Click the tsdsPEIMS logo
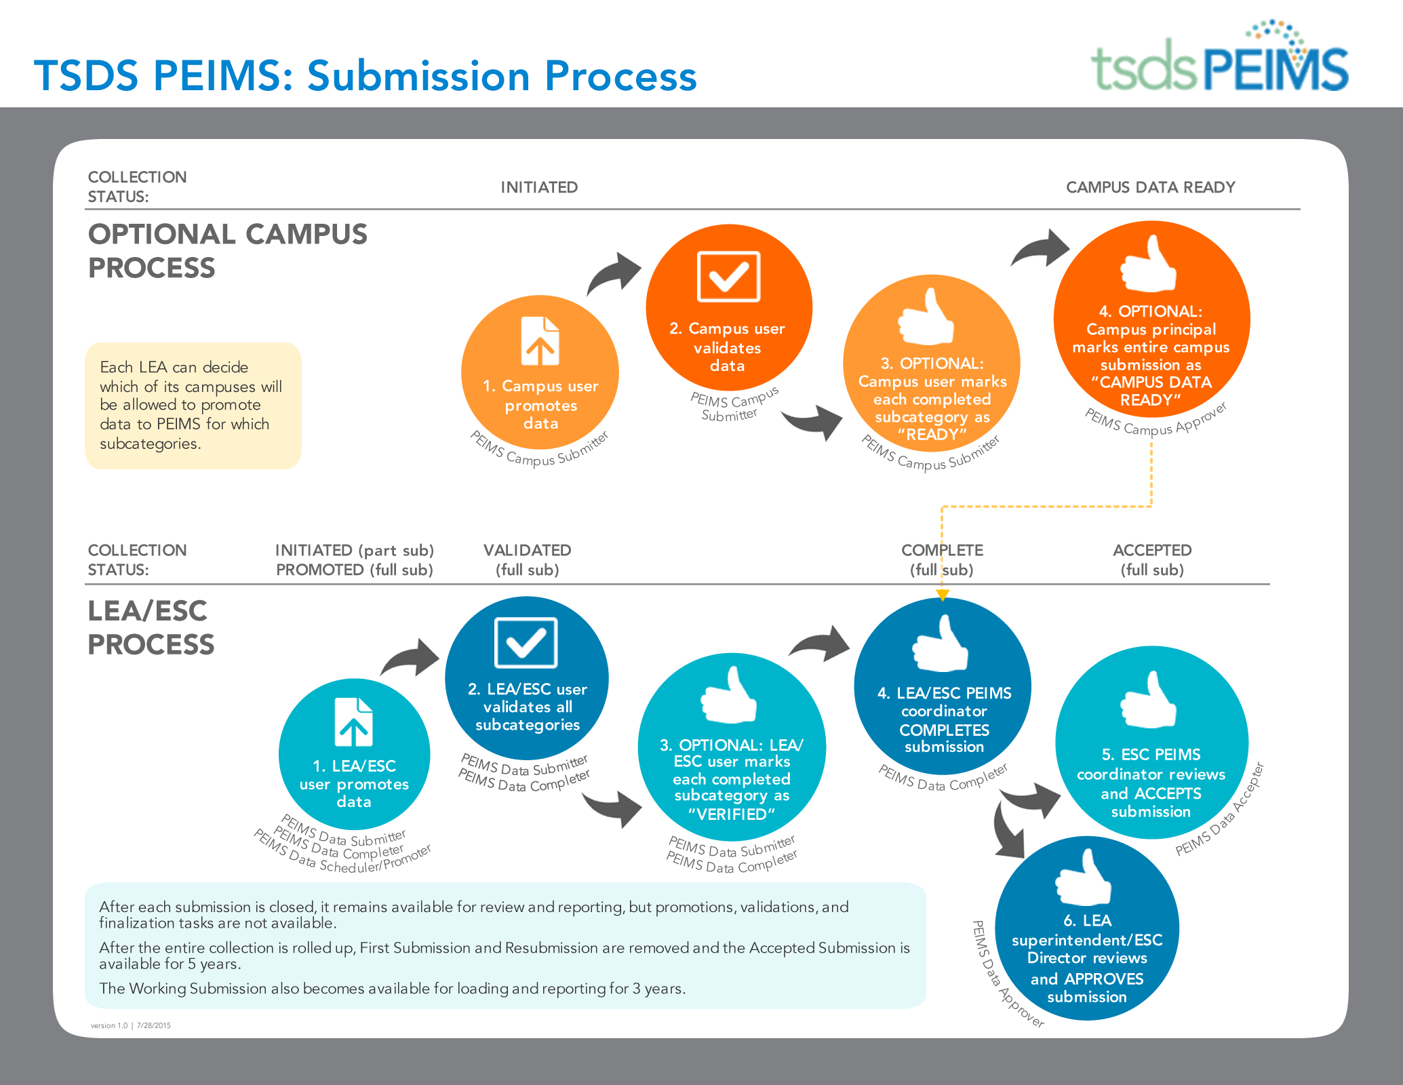coord(1219,56)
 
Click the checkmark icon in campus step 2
coord(728,277)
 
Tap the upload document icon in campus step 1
coord(540,341)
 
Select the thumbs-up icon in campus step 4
coord(1148,264)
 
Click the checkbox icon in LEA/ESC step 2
coord(526,642)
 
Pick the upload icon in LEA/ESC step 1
coord(354,722)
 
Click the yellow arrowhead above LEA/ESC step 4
coord(942,595)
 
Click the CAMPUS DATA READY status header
coord(1150,187)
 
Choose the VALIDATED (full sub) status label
coord(527,559)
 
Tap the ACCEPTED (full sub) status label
coord(1152,559)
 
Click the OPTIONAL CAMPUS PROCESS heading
coord(227,251)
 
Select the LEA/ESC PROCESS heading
coord(151,627)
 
